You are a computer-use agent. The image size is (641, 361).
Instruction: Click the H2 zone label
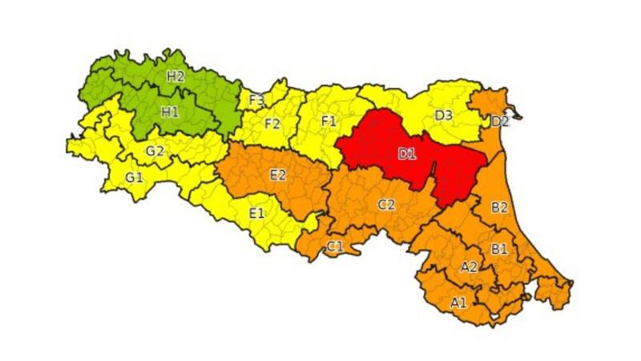tap(176, 77)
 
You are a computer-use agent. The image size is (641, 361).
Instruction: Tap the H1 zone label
tap(170, 112)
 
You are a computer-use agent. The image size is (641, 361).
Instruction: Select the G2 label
tap(155, 150)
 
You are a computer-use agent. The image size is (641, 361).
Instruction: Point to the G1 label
tap(134, 176)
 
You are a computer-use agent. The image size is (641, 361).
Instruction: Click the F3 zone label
tap(257, 100)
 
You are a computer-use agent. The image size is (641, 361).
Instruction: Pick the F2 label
tap(272, 124)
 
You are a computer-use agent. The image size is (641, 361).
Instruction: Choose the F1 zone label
tap(329, 120)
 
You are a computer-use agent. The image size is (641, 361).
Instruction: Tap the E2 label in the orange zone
tap(278, 174)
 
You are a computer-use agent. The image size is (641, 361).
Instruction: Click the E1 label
tap(256, 213)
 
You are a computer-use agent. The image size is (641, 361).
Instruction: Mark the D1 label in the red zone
tap(407, 154)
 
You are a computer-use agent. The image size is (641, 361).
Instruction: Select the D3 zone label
tap(444, 116)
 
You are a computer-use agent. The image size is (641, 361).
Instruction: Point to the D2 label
tap(500, 122)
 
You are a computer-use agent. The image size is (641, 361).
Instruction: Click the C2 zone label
tap(386, 205)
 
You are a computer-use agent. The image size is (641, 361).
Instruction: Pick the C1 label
tap(335, 246)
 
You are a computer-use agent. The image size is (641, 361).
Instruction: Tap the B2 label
tap(499, 208)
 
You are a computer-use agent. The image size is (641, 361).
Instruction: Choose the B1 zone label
tap(499, 249)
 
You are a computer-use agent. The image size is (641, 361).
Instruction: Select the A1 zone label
tap(458, 302)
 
